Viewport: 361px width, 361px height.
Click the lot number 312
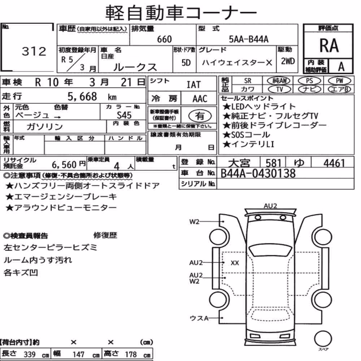(34, 51)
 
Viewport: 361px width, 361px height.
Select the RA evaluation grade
(329, 45)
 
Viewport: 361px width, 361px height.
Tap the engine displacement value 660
(164, 39)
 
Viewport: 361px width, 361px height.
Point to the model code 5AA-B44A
(249, 39)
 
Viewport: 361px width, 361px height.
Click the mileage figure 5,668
(82, 96)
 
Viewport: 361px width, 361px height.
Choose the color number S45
(124, 115)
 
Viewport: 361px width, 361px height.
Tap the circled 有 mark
(200, 116)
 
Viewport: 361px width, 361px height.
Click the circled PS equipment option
(309, 81)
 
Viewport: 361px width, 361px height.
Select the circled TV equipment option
(279, 89)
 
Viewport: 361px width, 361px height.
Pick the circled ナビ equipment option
(309, 89)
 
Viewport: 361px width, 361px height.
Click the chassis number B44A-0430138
(258, 173)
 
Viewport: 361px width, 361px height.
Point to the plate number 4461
(334, 163)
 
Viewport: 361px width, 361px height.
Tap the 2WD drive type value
(288, 61)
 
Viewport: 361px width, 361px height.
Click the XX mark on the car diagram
(235, 263)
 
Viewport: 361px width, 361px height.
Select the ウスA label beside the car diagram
(199, 318)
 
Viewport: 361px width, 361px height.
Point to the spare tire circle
(323, 339)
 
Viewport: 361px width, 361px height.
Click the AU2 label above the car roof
(270, 206)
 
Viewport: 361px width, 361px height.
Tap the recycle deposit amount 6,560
(64, 165)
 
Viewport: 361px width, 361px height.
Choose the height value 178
(131, 355)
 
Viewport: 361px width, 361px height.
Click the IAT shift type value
(193, 85)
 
